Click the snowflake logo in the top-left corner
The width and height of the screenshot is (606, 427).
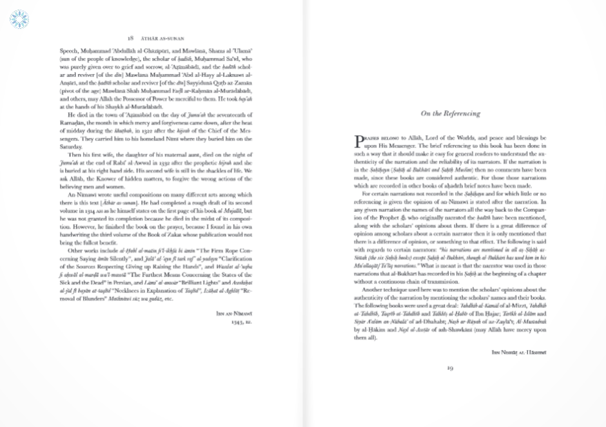[19, 18]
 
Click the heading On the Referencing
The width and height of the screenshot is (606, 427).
[451, 113]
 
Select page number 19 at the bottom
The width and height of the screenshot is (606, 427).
[451, 368]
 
